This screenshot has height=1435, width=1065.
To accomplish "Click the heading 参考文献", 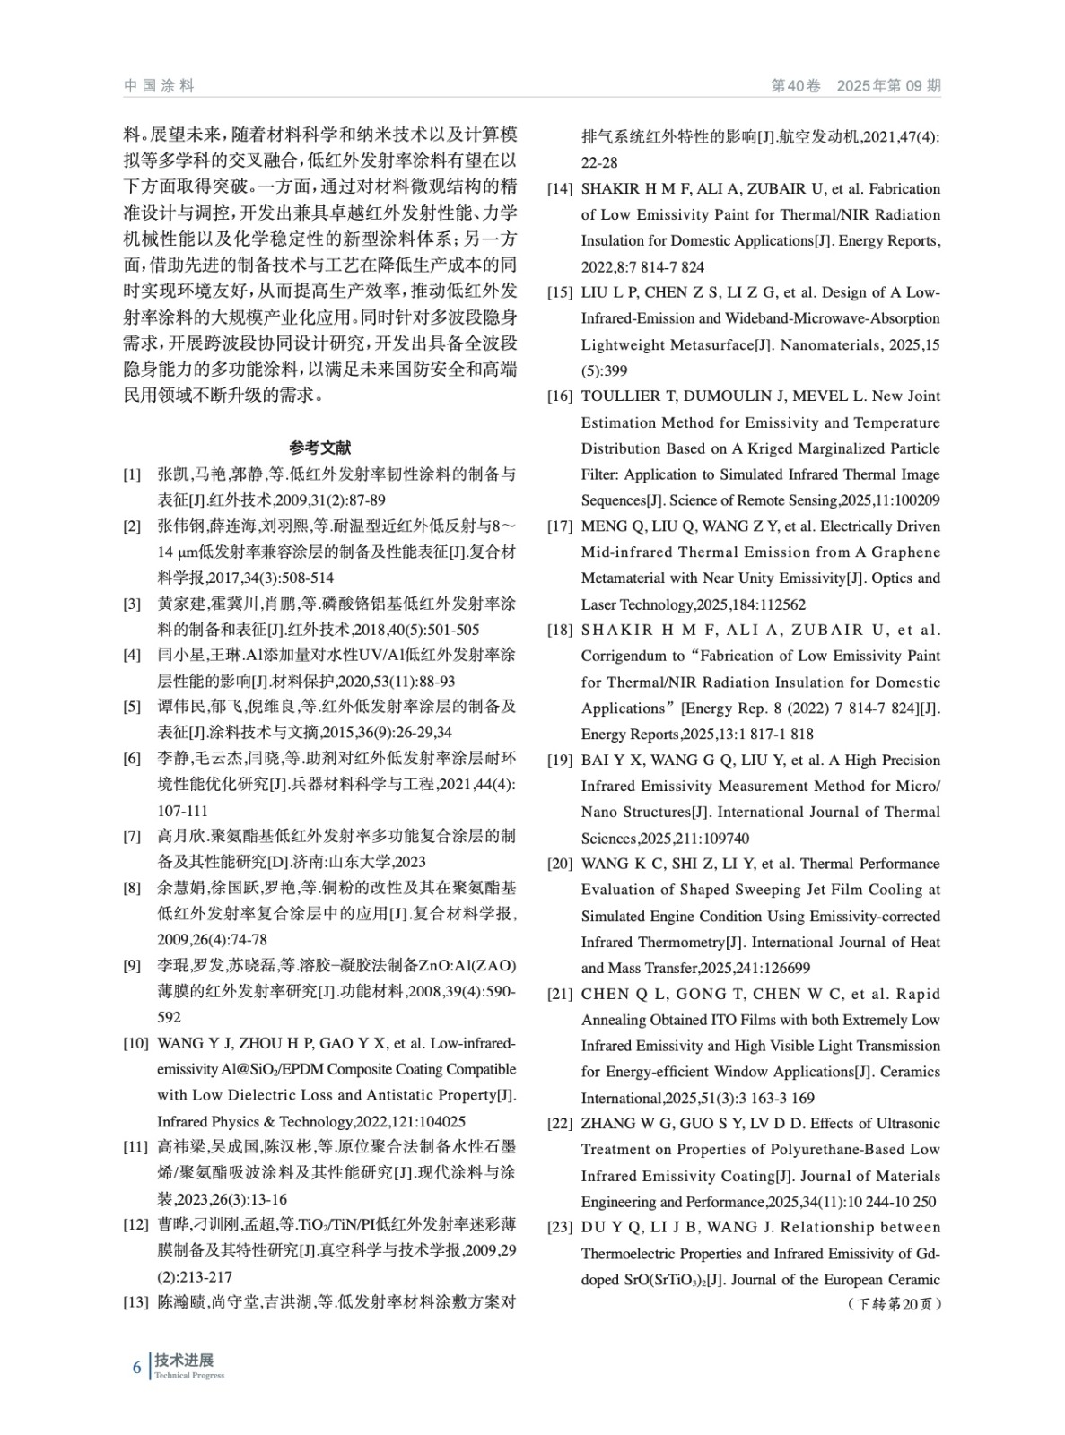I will coord(320,447).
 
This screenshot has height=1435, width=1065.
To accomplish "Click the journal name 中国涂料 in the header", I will coord(159,86).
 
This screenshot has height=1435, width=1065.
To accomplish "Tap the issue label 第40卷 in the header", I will coord(796,86).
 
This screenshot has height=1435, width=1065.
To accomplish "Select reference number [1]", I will coord(132,474).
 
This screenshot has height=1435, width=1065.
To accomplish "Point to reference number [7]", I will coord(132,837).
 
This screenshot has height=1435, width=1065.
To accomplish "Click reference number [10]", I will coord(135,1044).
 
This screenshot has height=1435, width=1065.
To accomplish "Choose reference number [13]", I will coord(135,1302).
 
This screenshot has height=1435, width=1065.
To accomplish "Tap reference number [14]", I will coord(560,189).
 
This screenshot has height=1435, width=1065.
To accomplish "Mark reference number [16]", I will coord(560,396).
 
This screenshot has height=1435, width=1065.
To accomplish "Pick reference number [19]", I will coord(560,761).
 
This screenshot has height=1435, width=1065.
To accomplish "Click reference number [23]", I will coord(560,1228).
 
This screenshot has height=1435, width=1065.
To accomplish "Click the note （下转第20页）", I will coord(894,1304).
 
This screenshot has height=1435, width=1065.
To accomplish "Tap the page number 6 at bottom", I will coord(137,1368).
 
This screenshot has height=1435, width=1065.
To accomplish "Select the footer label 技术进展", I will coord(184,1361).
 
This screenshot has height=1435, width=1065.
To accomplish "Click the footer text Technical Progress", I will coord(189,1376).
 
